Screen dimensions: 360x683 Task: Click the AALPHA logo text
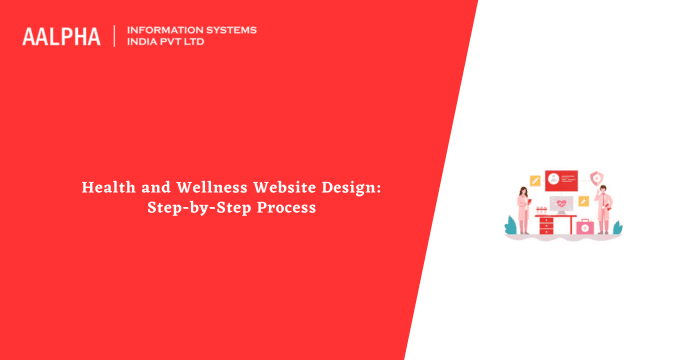pyautogui.click(x=61, y=37)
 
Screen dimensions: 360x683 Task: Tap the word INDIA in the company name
pyautogui.click(x=145, y=43)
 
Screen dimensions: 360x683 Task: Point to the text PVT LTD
pyautogui.click(x=188, y=43)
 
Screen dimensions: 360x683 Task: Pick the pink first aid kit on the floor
pyautogui.click(x=583, y=229)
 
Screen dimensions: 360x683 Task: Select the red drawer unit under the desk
pyautogui.click(x=546, y=226)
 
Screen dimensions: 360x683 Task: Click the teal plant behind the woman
pyautogui.click(x=510, y=227)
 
